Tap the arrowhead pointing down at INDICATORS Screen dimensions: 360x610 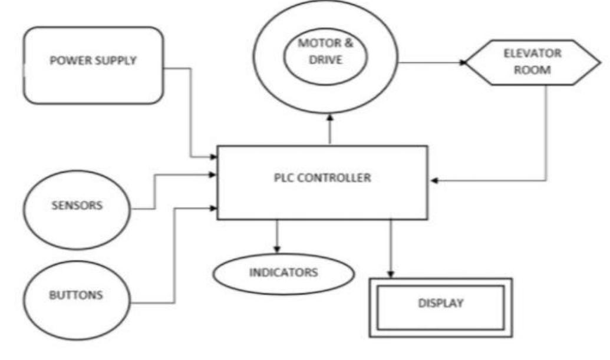tap(277, 247)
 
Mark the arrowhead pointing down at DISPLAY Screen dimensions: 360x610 tap(390, 273)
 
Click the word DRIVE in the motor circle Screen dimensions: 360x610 tap(326, 61)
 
